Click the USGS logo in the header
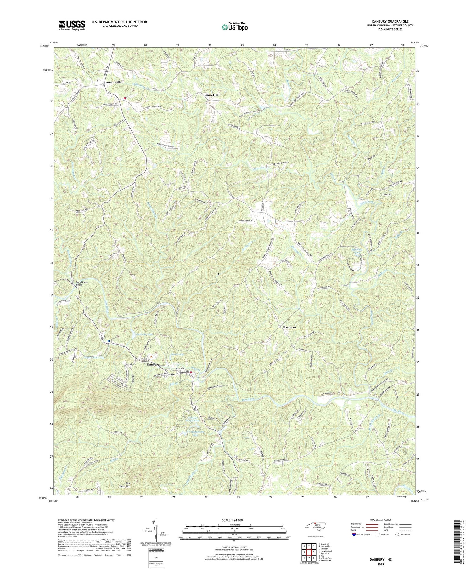coord(72,25)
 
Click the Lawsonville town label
coord(110,82)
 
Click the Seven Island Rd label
coord(246,220)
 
